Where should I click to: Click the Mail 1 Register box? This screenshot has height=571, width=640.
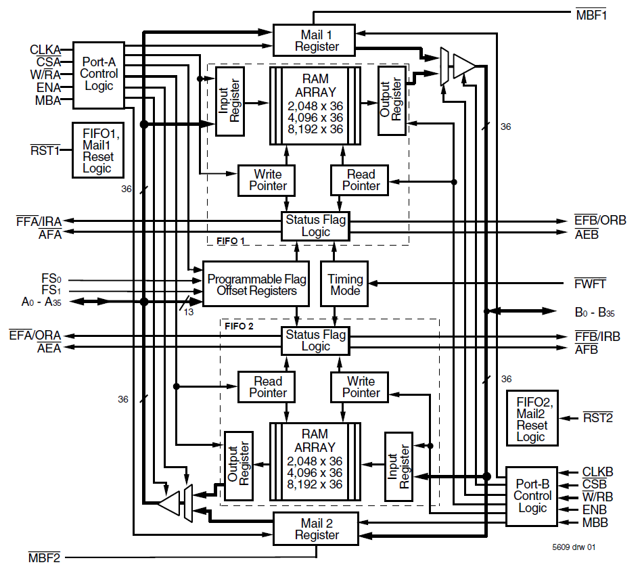click(x=314, y=41)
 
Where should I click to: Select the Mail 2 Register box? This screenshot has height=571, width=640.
click(x=315, y=529)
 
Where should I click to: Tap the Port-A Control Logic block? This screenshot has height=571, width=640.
click(x=99, y=75)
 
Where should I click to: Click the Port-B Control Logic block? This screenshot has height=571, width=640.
click(x=532, y=497)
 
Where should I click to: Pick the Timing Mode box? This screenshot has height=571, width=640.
click(x=344, y=284)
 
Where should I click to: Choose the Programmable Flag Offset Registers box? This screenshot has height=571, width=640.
click(x=256, y=284)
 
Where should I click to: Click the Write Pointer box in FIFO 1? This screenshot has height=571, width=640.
click(x=267, y=181)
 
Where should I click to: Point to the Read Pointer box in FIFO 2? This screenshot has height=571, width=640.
click(x=267, y=387)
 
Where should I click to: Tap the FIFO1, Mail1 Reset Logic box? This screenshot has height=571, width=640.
click(x=98, y=150)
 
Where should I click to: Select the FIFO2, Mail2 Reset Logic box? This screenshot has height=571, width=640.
click(x=532, y=418)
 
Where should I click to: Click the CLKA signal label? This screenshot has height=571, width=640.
click(x=45, y=50)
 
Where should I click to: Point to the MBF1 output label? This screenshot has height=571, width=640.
click(x=591, y=15)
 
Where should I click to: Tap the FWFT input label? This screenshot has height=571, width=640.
click(x=590, y=283)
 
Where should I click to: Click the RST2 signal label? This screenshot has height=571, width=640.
click(x=598, y=417)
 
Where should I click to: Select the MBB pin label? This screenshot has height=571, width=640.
click(x=595, y=522)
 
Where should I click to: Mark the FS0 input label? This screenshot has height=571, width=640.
click(x=51, y=279)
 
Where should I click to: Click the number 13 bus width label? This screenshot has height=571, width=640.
click(x=189, y=313)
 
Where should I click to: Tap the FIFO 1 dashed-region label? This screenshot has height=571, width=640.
click(x=231, y=241)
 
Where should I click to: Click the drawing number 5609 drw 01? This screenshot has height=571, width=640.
click(x=574, y=547)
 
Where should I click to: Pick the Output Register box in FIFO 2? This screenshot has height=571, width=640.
click(x=239, y=465)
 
